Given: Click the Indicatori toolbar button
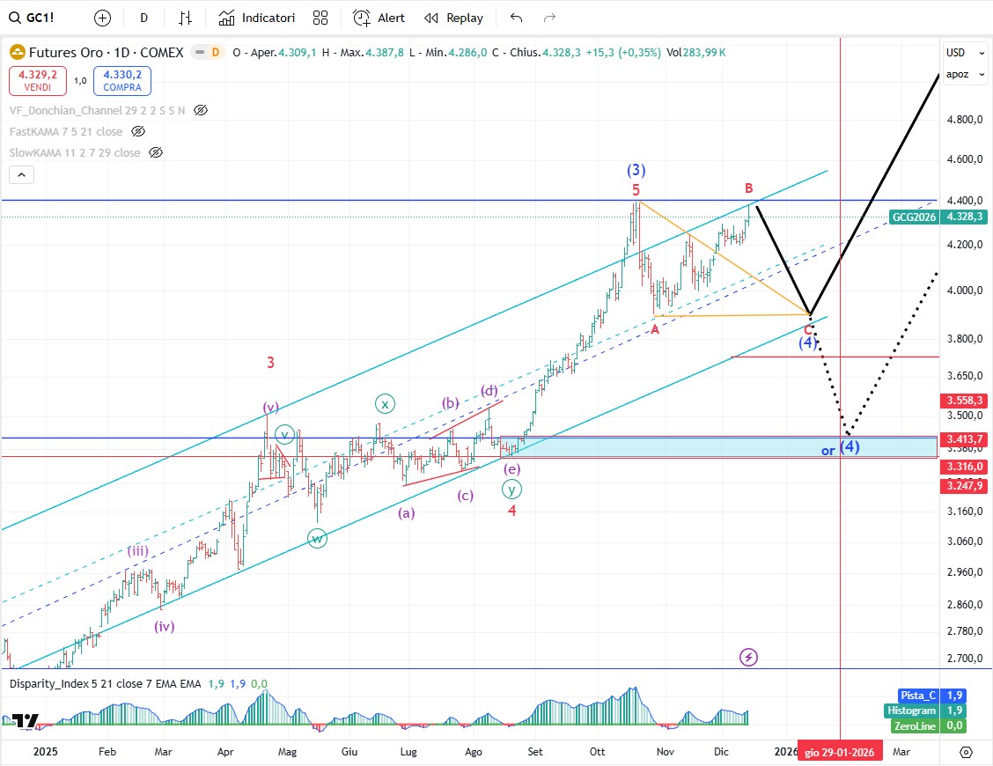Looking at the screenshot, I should [x=257, y=18].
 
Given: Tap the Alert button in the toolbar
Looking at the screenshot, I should [x=379, y=18].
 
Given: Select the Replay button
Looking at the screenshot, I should [x=454, y=18].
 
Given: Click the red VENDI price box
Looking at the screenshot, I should [x=37, y=81].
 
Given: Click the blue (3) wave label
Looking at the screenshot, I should [x=636, y=170].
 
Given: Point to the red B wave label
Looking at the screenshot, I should [x=748, y=188].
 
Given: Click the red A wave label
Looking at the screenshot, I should [x=655, y=328].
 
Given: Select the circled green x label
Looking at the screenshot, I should [x=385, y=404].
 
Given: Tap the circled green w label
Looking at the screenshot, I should [x=317, y=538].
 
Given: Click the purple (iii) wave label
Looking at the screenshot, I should [x=137, y=551].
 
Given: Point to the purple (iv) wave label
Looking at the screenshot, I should [x=164, y=627].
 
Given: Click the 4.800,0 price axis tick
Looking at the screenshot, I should [x=966, y=120].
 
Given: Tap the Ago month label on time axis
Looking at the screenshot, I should [x=474, y=752].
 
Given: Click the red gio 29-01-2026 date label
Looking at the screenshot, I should [x=841, y=752].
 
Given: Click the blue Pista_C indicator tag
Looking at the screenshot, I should [x=917, y=696].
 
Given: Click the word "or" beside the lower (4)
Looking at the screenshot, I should [x=827, y=451].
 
